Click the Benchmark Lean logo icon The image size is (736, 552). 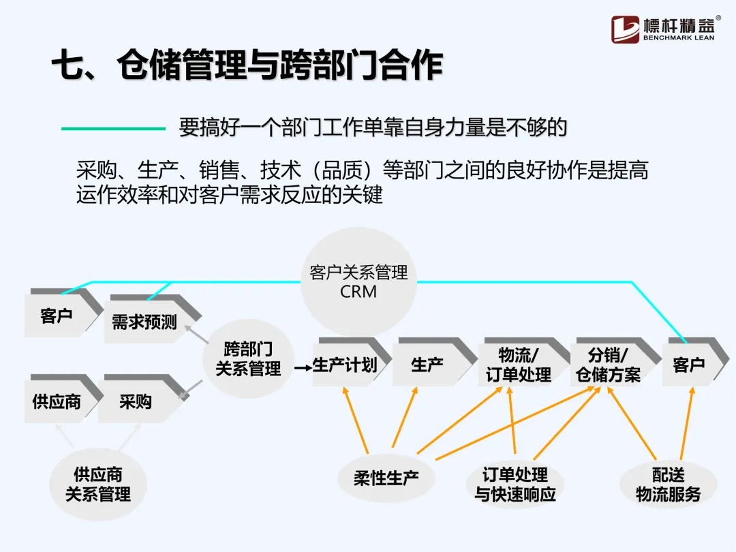(x=625, y=29)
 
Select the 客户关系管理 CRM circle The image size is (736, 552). (x=358, y=281)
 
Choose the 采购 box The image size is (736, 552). (x=136, y=401)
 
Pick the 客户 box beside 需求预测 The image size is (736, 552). (x=57, y=316)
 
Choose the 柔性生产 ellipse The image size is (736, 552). (x=386, y=477)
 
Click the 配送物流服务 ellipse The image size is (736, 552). (x=668, y=484)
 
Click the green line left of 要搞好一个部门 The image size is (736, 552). (x=113, y=128)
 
